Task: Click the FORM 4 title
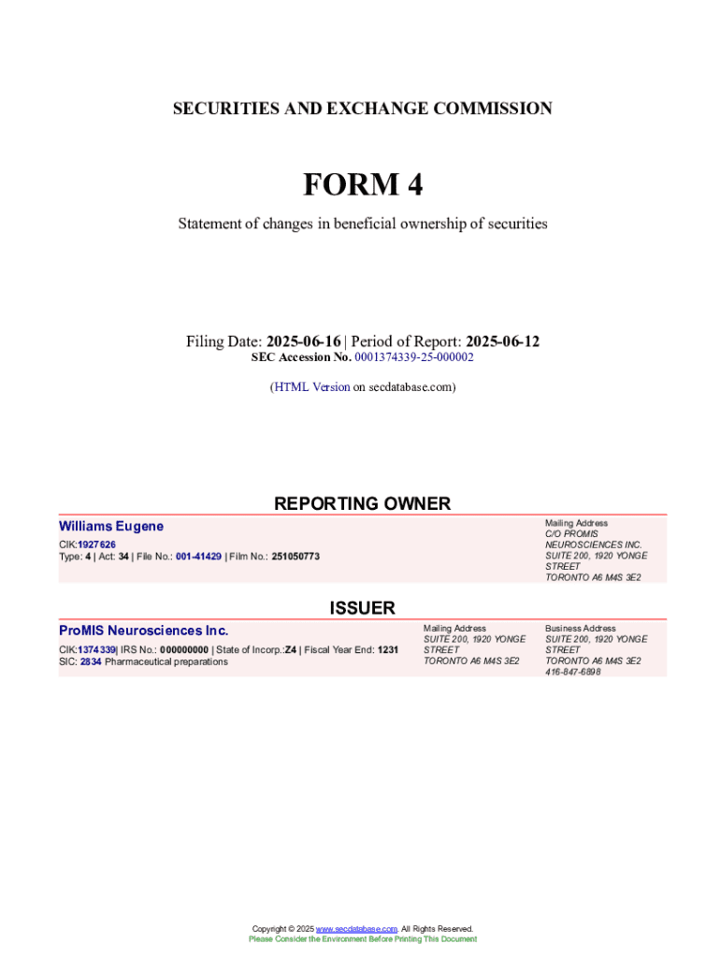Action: point(362,184)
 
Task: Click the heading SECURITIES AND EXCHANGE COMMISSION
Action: point(362,109)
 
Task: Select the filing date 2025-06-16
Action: point(303,341)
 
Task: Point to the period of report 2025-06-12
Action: point(502,341)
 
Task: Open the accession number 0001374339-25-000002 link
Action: point(414,357)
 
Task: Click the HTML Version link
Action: point(311,386)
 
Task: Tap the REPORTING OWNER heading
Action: point(362,503)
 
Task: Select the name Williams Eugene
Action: point(110,527)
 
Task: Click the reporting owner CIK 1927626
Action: point(96,544)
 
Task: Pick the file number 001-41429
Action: point(198,557)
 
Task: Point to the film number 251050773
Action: point(295,557)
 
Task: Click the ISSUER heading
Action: point(362,608)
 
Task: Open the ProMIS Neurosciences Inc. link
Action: point(143,631)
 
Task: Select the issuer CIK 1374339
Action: point(96,649)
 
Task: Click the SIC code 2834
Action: point(91,661)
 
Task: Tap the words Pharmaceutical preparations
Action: point(166,661)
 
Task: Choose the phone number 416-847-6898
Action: point(573,672)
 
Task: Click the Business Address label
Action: point(580,628)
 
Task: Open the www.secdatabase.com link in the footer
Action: point(356,929)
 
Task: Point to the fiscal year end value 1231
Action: point(388,649)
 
